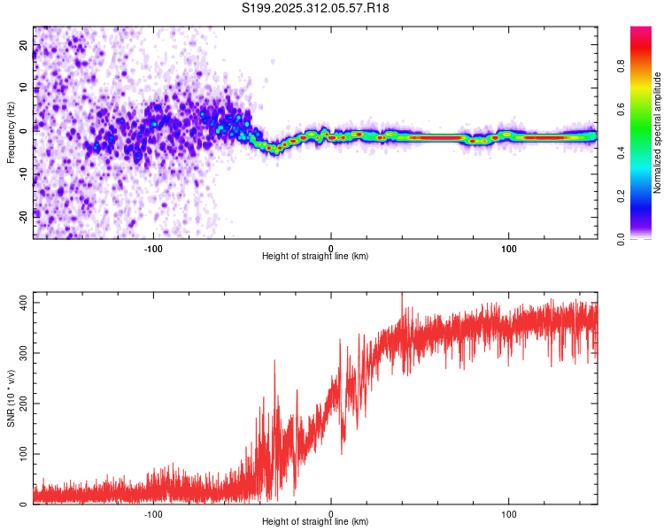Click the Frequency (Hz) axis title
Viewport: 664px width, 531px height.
tap(11, 133)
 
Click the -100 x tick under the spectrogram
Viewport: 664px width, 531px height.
tap(153, 248)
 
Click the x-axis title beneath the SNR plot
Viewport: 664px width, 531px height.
tap(315, 522)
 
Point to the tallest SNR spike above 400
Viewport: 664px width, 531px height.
tap(402, 295)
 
